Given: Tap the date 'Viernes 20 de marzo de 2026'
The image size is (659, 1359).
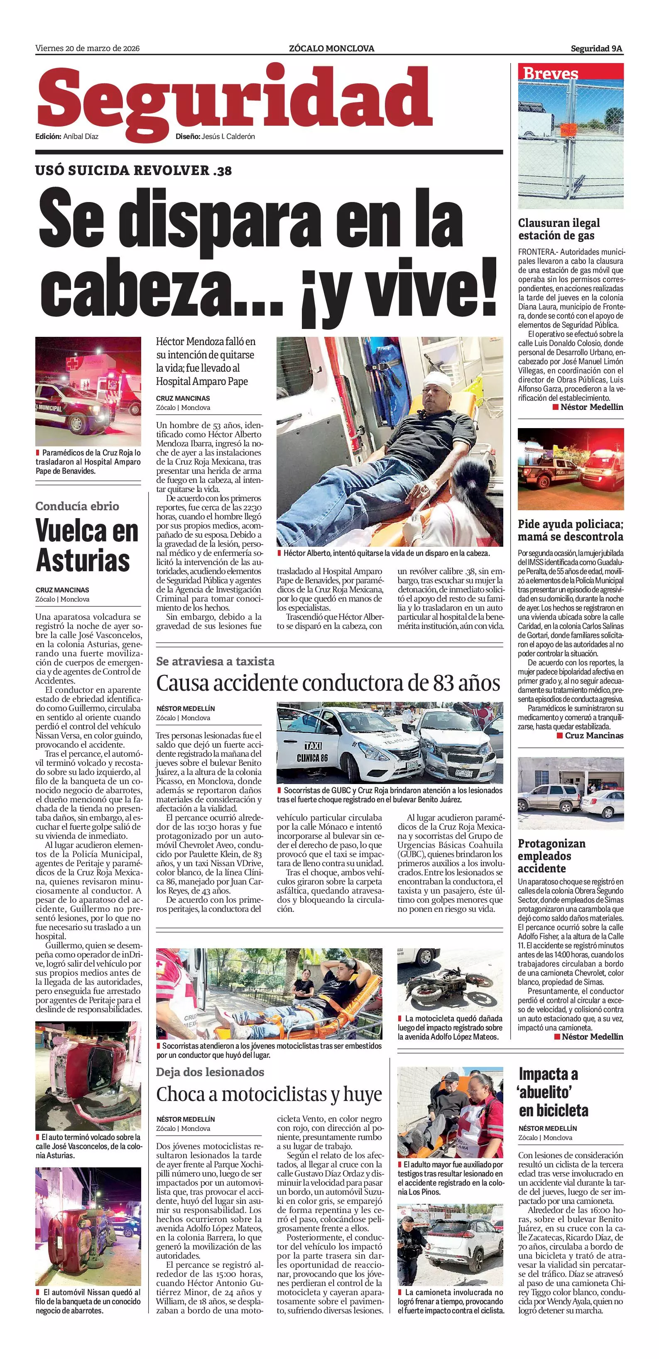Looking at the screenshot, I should pos(87,49).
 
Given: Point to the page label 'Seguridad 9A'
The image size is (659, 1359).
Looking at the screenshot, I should pos(596,49).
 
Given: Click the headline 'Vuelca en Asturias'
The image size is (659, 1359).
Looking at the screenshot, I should pos(87,546).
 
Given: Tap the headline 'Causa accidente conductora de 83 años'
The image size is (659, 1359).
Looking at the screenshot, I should pos(328,683).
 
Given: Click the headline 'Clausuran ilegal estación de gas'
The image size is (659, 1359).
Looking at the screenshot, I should pos(559,229).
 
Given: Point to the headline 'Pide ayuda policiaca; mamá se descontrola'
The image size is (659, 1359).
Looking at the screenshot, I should pos(570,530).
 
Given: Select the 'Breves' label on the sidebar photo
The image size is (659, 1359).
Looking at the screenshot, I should pos(550,73).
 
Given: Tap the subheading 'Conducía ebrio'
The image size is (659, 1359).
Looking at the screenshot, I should pos(77,506).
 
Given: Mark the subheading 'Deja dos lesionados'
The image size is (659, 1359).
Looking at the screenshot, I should pos(210,1072).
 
